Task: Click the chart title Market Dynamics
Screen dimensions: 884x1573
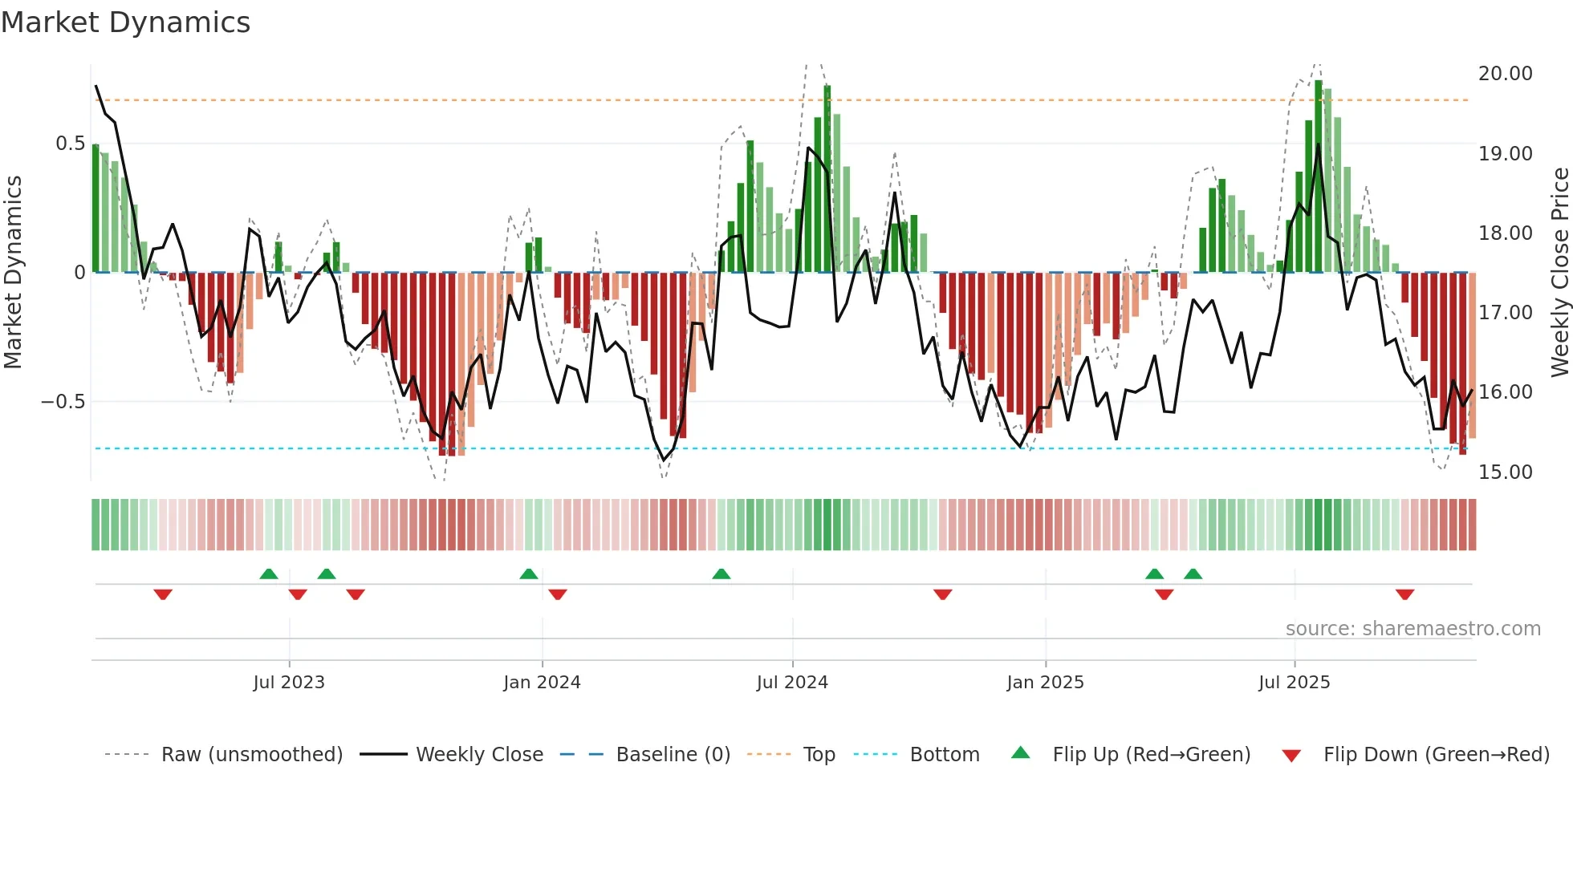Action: pos(125,22)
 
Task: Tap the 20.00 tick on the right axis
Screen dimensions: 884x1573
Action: pos(1505,74)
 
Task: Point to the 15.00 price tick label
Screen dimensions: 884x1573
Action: pos(1505,472)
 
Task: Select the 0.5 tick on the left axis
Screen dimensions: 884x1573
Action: pos(70,144)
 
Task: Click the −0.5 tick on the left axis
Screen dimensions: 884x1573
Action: pos(63,402)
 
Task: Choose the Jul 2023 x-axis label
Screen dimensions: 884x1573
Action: pos(289,683)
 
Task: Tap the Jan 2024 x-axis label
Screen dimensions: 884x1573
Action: pos(542,683)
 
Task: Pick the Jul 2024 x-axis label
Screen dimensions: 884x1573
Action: pos(792,683)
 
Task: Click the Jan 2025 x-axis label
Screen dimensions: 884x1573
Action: pos(1045,683)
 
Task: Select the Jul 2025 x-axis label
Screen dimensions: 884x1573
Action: pos(1294,683)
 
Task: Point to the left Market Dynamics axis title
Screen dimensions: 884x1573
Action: pos(13,273)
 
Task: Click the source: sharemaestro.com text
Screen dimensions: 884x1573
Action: pos(1412,629)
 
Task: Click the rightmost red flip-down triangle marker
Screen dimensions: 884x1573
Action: pos(1404,594)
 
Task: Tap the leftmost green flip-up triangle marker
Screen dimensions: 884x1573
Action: pos(269,574)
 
